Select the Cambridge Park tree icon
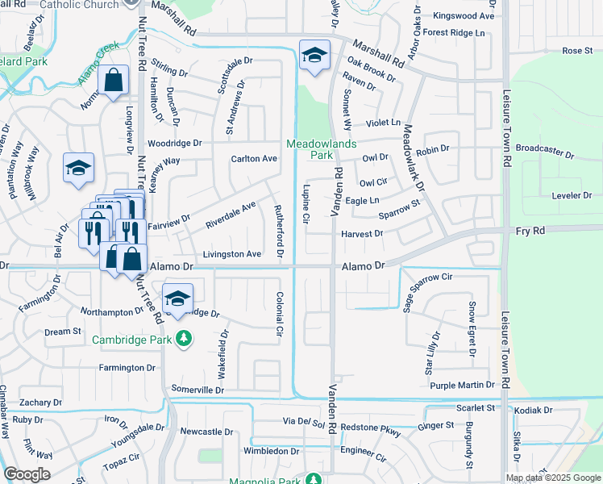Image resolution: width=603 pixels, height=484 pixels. pyautogui.click(x=185, y=338)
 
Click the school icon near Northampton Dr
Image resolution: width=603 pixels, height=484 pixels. pyautogui.click(x=177, y=298)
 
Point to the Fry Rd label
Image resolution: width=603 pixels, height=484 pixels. pyautogui.click(x=530, y=231)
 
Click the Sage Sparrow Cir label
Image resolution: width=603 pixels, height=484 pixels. pyautogui.click(x=439, y=287)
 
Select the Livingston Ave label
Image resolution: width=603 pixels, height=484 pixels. pyautogui.click(x=231, y=254)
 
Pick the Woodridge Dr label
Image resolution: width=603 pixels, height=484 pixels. pyautogui.click(x=175, y=143)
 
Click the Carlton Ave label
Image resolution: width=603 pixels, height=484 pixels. pyautogui.click(x=254, y=158)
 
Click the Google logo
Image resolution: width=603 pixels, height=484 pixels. pyautogui.click(x=27, y=474)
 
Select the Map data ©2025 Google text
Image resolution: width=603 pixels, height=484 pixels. pyautogui.click(x=553, y=478)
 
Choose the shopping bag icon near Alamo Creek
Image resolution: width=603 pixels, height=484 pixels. pyautogui.click(x=114, y=80)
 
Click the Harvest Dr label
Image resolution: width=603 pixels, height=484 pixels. pyautogui.click(x=361, y=233)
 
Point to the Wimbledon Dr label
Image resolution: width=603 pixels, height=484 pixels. pyautogui.click(x=272, y=451)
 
